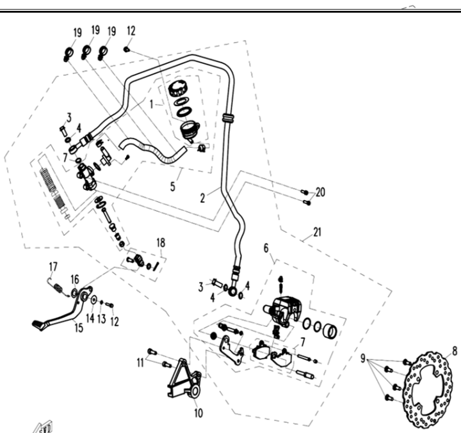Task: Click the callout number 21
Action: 317,232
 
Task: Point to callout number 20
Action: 321,192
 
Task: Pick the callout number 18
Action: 161,243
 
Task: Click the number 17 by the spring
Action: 53,267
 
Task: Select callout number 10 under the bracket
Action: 198,413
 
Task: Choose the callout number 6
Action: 266,248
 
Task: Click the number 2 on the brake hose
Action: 202,198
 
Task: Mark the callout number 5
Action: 173,187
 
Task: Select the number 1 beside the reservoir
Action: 151,104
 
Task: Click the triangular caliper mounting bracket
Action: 184,379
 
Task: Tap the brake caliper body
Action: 282,311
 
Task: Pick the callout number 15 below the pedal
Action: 79,328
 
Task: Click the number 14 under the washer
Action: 90,318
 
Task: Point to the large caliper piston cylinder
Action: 330,331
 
